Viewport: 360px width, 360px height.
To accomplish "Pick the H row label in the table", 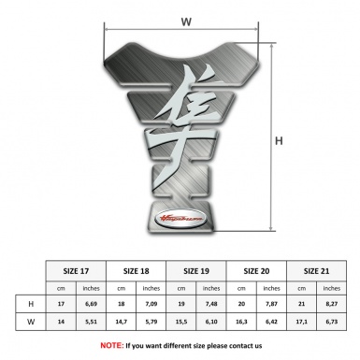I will (33, 304).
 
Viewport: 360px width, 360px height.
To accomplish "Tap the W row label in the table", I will (33, 321).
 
